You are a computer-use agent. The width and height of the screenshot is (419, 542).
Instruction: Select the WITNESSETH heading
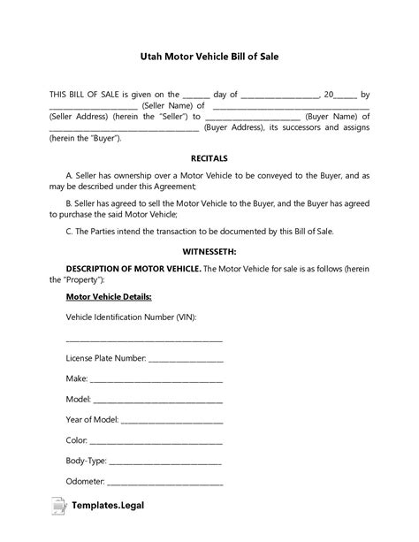[209, 250]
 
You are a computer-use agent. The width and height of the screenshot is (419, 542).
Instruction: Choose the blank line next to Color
[156, 440]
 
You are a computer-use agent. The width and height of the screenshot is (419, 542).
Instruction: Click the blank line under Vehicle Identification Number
[144, 339]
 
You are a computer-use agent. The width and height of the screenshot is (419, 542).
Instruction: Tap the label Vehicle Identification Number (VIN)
[131, 317]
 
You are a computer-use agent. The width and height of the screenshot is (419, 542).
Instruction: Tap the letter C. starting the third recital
[70, 232]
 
